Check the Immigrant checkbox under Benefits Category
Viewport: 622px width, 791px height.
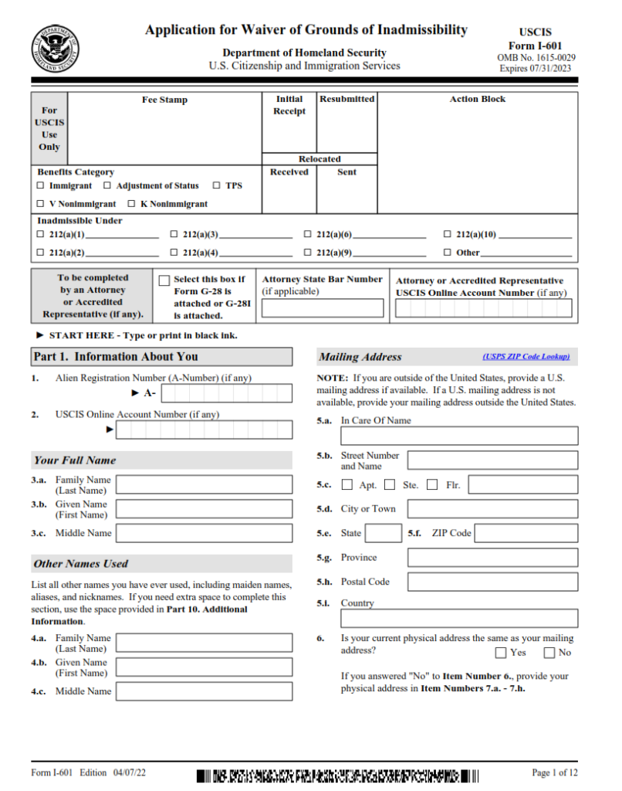(41, 186)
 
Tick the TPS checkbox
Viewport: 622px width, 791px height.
(217, 186)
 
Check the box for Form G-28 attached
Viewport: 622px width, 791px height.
(164, 281)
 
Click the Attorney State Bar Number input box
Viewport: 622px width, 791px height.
(322, 309)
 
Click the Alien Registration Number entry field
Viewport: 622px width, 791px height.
(226, 393)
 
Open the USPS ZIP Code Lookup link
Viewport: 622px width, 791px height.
(526, 357)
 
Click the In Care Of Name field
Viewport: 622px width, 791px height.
(459, 436)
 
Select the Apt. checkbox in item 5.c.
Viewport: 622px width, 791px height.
(347, 485)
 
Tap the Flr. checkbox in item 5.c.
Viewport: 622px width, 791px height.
(432, 485)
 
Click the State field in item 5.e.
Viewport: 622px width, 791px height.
(383, 533)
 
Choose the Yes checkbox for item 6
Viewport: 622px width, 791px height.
(501, 653)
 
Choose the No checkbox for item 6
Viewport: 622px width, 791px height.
(549, 653)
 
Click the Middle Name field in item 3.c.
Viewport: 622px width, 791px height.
(204, 533)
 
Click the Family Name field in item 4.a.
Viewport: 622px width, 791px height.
(204, 643)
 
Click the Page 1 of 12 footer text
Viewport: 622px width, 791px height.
(555, 772)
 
